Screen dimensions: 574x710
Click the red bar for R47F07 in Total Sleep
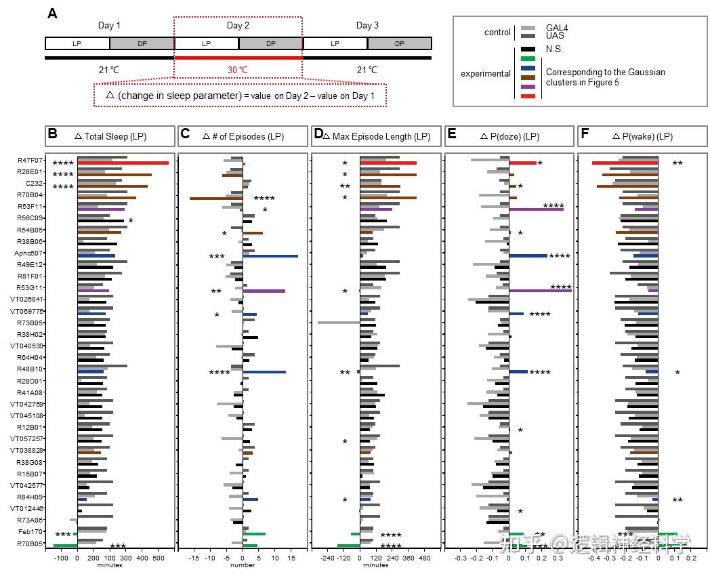point(123,163)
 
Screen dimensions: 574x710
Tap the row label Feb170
point(31,531)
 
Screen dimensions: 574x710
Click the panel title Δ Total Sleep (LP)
point(110,136)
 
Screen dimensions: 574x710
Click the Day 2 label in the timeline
point(238,26)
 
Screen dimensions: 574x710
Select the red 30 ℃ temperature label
point(238,70)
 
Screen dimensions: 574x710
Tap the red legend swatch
point(529,96)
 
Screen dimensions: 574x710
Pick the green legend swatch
point(529,58)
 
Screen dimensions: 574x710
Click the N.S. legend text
point(554,49)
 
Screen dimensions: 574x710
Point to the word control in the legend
point(497,33)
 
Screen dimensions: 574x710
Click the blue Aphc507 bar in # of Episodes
point(270,256)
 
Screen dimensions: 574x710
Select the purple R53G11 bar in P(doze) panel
point(540,291)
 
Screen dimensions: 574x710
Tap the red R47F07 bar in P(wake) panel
point(625,163)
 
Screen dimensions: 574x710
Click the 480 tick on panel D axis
point(425,558)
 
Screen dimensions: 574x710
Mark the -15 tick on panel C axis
point(194,558)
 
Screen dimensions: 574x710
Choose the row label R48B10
point(31,369)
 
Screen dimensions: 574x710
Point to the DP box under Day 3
point(400,43)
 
